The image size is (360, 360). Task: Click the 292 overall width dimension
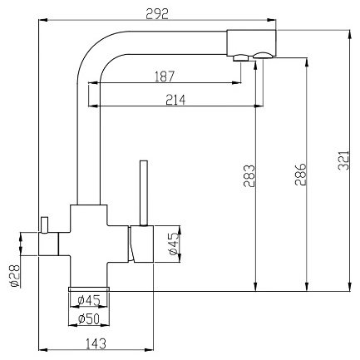[x=157, y=14]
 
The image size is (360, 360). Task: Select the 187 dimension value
[x=165, y=76]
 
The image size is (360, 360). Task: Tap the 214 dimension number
[x=175, y=100]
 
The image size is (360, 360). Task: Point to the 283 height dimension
[x=249, y=176]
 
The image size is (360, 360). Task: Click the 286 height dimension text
[x=301, y=175]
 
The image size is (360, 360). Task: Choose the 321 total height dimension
[x=343, y=160]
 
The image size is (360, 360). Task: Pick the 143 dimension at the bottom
[x=96, y=343]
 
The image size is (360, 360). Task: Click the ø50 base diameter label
[x=89, y=319]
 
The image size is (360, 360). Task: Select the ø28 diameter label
[x=14, y=276]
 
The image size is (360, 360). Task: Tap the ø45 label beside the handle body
[x=174, y=244]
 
